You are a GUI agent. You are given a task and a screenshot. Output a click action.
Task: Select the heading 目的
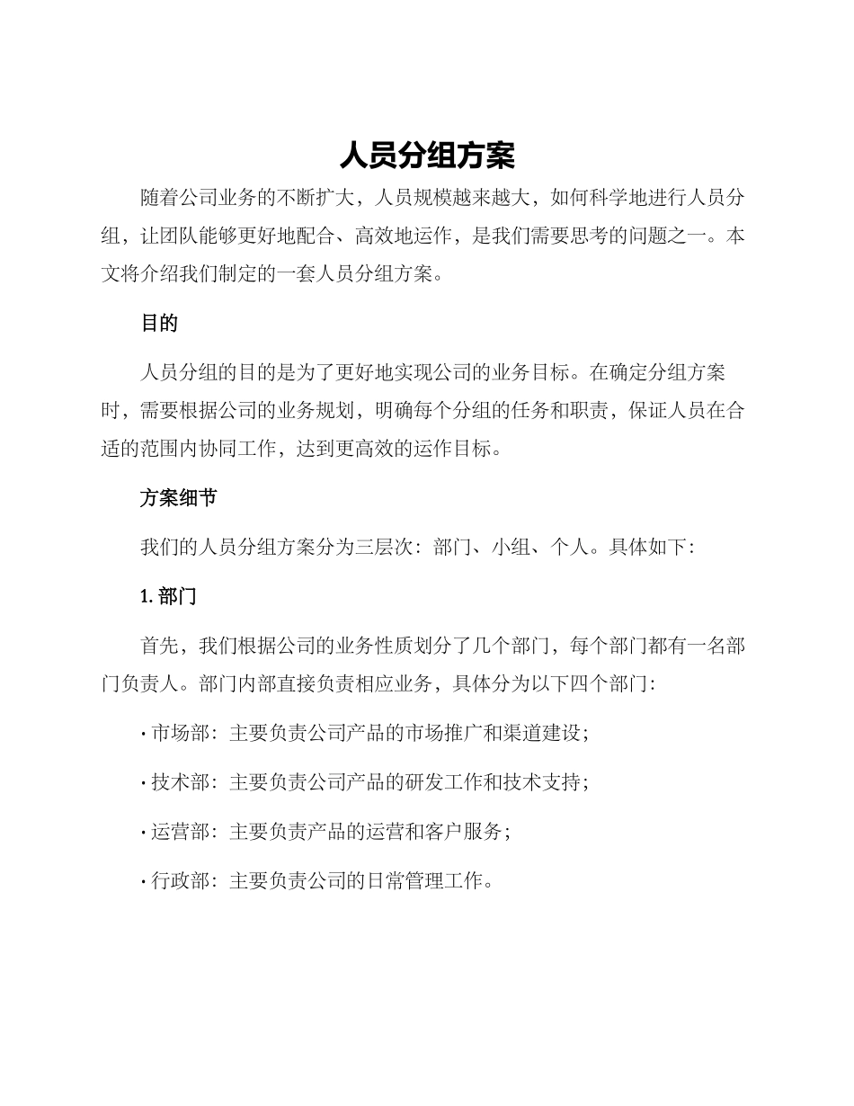tap(159, 324)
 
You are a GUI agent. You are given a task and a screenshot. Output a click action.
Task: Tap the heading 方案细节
tap(178, 497)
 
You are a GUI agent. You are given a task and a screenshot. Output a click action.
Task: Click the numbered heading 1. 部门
tap(169, 596)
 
